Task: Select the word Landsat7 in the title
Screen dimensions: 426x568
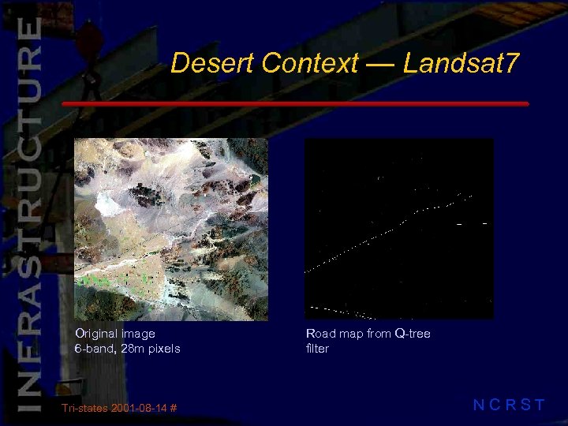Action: tap(461, 63)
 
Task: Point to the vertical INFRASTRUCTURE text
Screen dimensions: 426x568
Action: tap(28, 213)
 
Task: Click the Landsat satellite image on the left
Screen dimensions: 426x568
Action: tap(171, 229)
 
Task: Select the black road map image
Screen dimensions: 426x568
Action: tap(399, 229)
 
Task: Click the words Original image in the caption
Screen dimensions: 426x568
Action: tap(115, 334)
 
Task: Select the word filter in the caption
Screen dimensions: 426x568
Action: tap(317, 349)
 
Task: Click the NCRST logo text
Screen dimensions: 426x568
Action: tap(509, 405)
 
